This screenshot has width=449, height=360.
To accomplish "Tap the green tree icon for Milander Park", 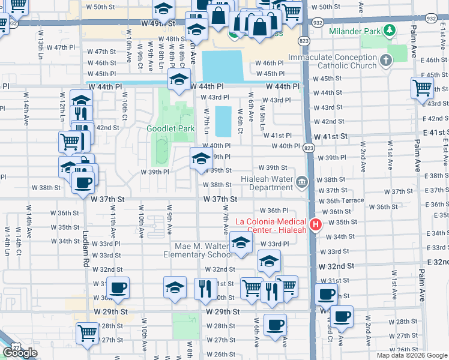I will click(x=390, y=30).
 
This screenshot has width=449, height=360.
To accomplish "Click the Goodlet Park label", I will click(x=170, y=128).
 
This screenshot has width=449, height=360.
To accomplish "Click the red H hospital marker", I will click(x=316, y=225).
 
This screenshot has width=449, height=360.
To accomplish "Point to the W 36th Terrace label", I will click(x=341, y=201).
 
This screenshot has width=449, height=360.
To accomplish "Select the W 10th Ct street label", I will click(x=125, y=103).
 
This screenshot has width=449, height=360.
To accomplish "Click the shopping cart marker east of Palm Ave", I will click(x=422, y=87).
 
